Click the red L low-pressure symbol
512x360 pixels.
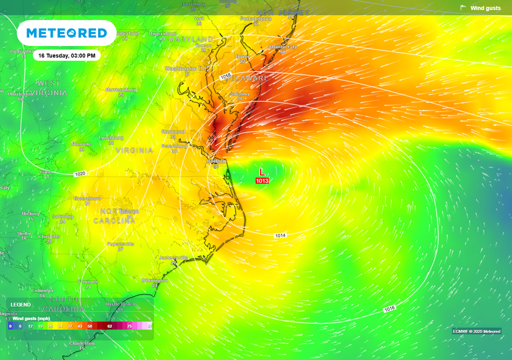point(261,171)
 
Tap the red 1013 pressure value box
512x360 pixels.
point(262,180)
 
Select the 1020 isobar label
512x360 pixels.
point(79,174)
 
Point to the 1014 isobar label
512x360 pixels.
point(280,235)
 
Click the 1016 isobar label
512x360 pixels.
point(390,309)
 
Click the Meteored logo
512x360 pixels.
point(66,33)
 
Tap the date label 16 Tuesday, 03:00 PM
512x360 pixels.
point(66,55)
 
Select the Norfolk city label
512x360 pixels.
point(216,161)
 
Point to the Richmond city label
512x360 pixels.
point(173,131)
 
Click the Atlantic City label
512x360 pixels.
point(282,47)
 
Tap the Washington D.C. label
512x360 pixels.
point(186,68)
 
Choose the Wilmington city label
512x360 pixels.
point(154,280)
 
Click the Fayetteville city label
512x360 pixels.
point(120,244)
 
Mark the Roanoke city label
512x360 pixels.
point(81,144)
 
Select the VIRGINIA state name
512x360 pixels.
point(134,150)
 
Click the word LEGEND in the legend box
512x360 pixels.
point(20,304)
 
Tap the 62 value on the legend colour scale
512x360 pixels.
point(109,325)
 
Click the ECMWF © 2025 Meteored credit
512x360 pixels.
point(476,331)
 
